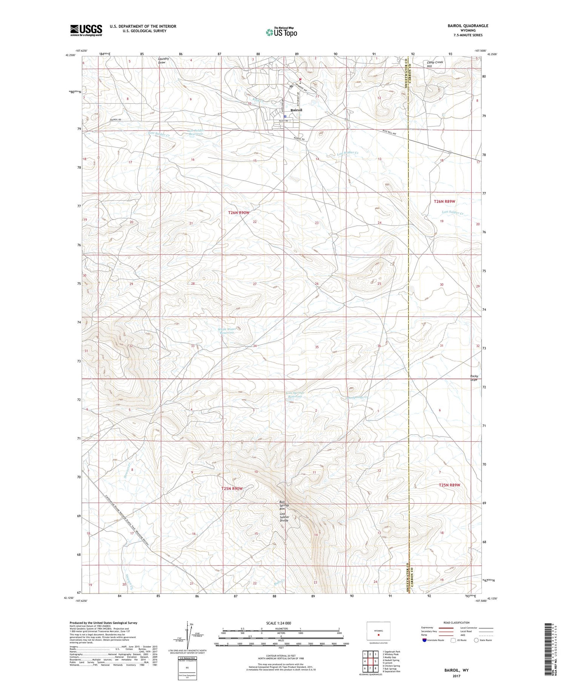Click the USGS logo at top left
[86, 30]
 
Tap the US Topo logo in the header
[281, 32]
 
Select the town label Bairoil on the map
[296, 110]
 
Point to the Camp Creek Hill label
[435, 64]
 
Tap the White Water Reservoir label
[227, 331]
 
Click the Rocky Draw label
[474, 378]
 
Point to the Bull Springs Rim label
[284, 506]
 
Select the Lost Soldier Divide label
[284, 517]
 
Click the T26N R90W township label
[238, 213]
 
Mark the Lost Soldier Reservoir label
[195, 132]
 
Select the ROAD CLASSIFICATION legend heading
[457, 623]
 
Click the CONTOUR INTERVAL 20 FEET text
[280, 656]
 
